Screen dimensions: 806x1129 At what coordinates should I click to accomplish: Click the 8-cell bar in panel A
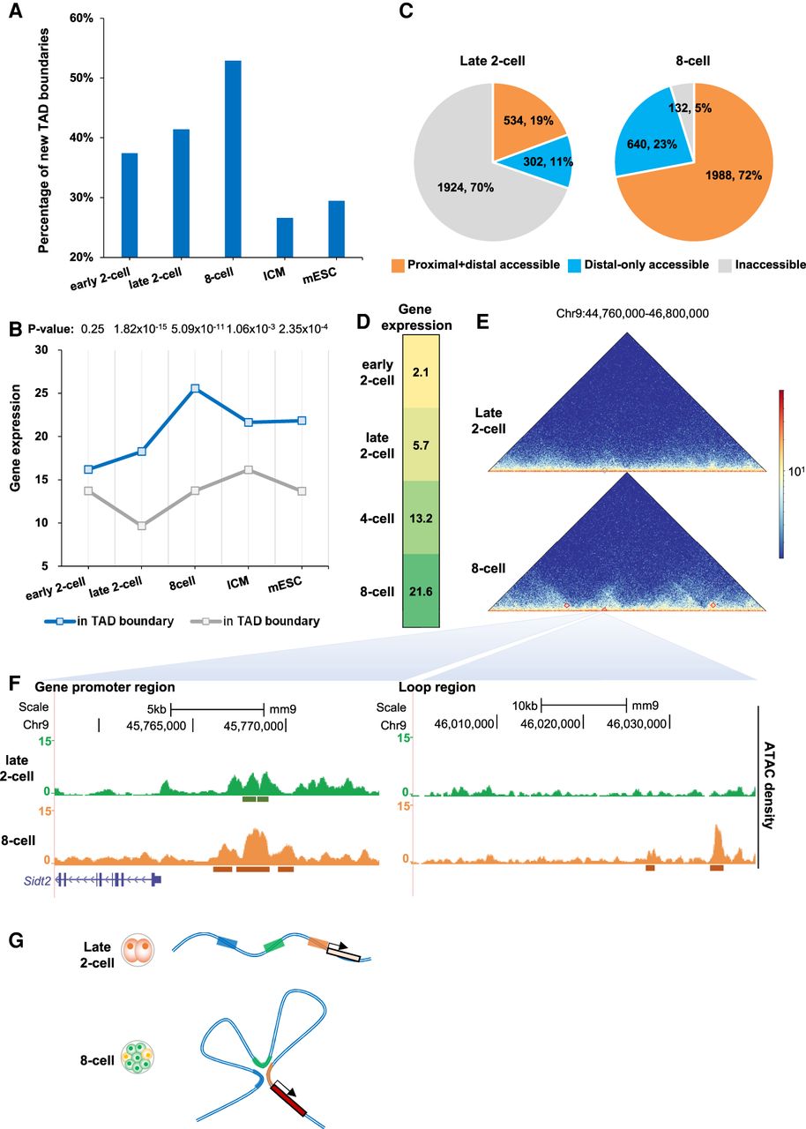tap(233, 159)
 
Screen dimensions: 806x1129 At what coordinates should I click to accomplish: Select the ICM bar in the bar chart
tap(285, 237)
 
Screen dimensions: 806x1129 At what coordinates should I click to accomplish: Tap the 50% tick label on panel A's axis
tap(82, 78)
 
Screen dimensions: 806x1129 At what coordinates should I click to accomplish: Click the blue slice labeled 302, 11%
tap(544, 162)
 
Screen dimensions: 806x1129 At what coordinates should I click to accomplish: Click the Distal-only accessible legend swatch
tap(574, 265)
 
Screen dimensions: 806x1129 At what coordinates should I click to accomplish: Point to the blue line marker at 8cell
tap(195, 388)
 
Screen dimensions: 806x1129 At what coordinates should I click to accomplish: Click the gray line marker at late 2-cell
tap(142, 526)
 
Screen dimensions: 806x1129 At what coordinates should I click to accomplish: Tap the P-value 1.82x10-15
tap(140, 329)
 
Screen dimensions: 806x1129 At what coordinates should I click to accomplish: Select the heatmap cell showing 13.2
tap(421, 518)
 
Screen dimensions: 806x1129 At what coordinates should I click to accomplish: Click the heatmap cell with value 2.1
tap(421, 371)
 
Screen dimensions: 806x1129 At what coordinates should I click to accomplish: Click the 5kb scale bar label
tap(157, 709)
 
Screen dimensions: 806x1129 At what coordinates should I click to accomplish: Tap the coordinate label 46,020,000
tap(550, 724)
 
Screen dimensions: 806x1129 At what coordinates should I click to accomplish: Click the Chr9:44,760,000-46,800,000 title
tap(632, 313)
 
